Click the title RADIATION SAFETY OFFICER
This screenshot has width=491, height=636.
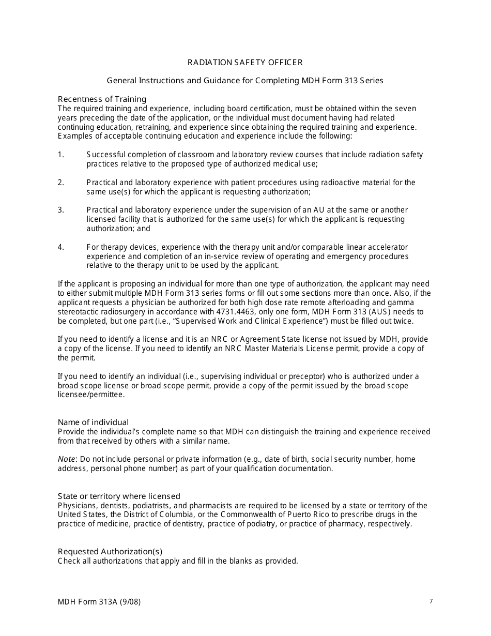tap(245, 63)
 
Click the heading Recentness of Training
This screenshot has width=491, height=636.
tap(102, 99)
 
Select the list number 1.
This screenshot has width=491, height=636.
tap(60, 155)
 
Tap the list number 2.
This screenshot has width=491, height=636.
tap(60, 183)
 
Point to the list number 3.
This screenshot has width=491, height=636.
tap(60, 210)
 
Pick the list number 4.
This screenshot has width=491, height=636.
tap(60, 247)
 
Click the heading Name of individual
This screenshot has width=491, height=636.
tap(93, 422)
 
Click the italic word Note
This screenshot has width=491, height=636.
tap(66, 459)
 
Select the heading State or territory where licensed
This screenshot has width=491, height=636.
tap(119, 496)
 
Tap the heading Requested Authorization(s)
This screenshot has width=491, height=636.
tap(110, 552)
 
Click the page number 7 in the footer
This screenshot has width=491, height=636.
tap(431, 601)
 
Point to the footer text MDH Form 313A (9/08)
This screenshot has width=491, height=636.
tap(99, 602)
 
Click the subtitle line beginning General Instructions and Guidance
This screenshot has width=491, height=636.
tap(245, 81)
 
